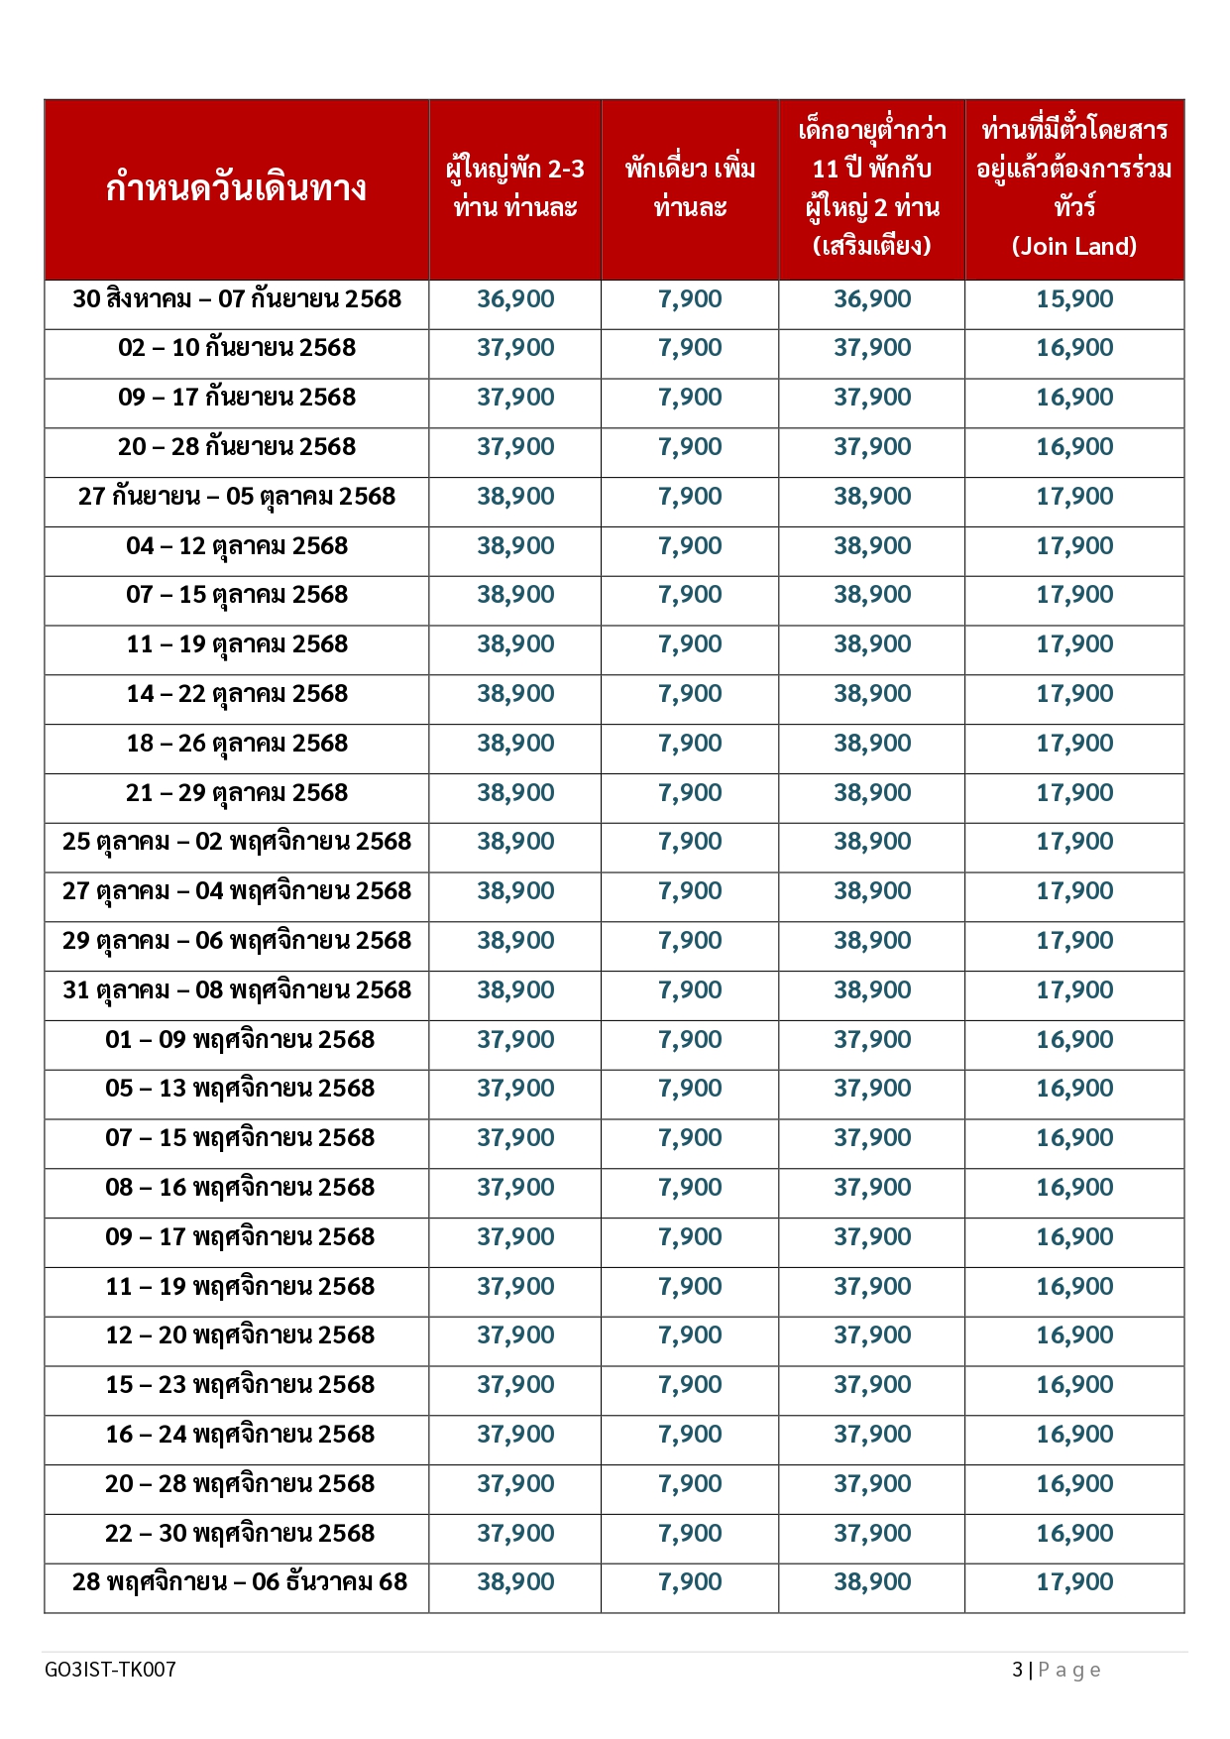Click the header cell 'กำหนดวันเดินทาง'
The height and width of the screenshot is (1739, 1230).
click(x=236, y=188)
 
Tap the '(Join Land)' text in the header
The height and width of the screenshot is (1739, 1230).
click(x=1074, y=246)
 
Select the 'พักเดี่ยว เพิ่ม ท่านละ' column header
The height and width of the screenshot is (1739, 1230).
click(x=690, y=188)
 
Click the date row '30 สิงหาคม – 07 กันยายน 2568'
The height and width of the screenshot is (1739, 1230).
click(x=237, y=299)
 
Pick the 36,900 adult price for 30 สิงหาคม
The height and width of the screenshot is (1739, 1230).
click(x=515, y=299)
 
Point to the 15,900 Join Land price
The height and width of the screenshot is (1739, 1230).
click(x=1074, y=299)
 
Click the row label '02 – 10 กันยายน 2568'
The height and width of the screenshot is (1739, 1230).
click(x=237, y=348)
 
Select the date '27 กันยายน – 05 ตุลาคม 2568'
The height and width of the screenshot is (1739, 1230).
click(x=237, y=497)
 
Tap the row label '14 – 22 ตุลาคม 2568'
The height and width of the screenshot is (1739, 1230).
click(x=237, y=694)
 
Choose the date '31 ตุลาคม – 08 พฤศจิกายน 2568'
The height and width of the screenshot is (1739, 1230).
click(x=237, y=990)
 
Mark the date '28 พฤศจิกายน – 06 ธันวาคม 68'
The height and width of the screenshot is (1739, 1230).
click(x=240, y=1582)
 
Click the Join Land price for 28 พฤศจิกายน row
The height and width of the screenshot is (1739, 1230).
click(x=1074, y=1582)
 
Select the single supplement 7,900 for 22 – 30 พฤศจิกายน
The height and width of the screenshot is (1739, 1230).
click(x=690, y=1534)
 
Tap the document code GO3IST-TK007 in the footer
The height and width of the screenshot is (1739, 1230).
click(x=110, y=1670)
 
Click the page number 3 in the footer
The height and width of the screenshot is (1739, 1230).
click(x=1017, y=1670)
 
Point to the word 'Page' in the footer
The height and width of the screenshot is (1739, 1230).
click(x=1069, y=1671)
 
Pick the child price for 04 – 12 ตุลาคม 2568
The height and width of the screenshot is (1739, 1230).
click(x=872, y=546)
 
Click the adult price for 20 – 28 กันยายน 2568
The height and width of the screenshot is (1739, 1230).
click(x=515, y=447)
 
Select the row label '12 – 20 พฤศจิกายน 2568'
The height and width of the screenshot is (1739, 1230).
click(x=240, y=1335)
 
